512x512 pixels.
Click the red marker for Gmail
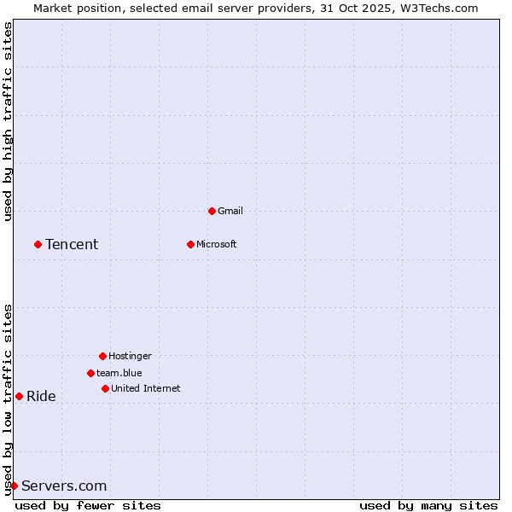(x=212, y=211)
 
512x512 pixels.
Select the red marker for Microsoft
(x=190, y=244)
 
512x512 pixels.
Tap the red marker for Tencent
(x=38, y=244)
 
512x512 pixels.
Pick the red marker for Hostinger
(x=102, y=356)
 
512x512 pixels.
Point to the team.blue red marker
(x=90, y=373)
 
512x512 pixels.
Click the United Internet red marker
(x=105, y=388)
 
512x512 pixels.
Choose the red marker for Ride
(x=19, y=396)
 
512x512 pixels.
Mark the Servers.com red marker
(x=14, y=486)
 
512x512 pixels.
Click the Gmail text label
(x=230, y=211)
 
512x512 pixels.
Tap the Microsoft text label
(x=217, y=244)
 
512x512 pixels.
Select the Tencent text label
(x=72, y=245)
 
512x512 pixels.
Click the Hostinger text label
(x=130, y=356)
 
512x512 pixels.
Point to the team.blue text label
(x=119, y=373)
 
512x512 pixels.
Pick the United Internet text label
(x=146, y=388)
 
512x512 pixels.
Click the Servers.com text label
(x=64, y=486)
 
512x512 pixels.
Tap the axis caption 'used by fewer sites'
(x=88, y=506)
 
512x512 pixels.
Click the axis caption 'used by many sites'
(x=428, y=506)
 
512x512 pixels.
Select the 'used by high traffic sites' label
(x=9, y=121)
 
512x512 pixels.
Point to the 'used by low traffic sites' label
(x=9, y=399)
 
